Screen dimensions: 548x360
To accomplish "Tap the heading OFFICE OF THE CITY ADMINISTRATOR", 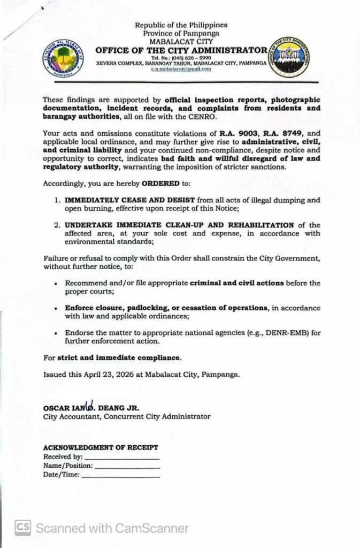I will point(181,50).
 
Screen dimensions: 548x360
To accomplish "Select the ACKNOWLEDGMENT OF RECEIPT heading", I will point(100,447).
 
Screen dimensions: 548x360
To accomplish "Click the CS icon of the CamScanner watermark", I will point(22,528).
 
